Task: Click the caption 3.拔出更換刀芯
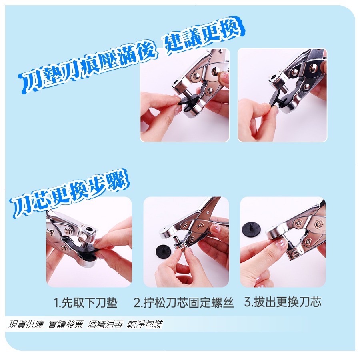coord(283,302)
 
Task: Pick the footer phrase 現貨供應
coord(26,325)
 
